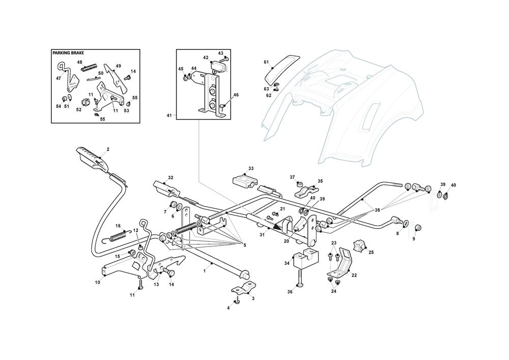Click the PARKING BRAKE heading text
tap(69, 53)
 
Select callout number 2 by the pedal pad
tap(108, 150)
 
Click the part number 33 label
tap(250, 168)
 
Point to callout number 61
tap(266, 62)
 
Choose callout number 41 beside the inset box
tap(169, 116)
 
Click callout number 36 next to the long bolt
tap(291, 292)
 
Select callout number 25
tap(371, 252)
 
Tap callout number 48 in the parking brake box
tap(80, 62)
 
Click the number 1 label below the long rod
tap(211, 265)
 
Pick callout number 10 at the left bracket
tap(98, 282)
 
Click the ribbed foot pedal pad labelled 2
tap(92, 157)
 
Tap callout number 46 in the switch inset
tap(236, 95)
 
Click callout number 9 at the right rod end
tap(414, 239)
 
